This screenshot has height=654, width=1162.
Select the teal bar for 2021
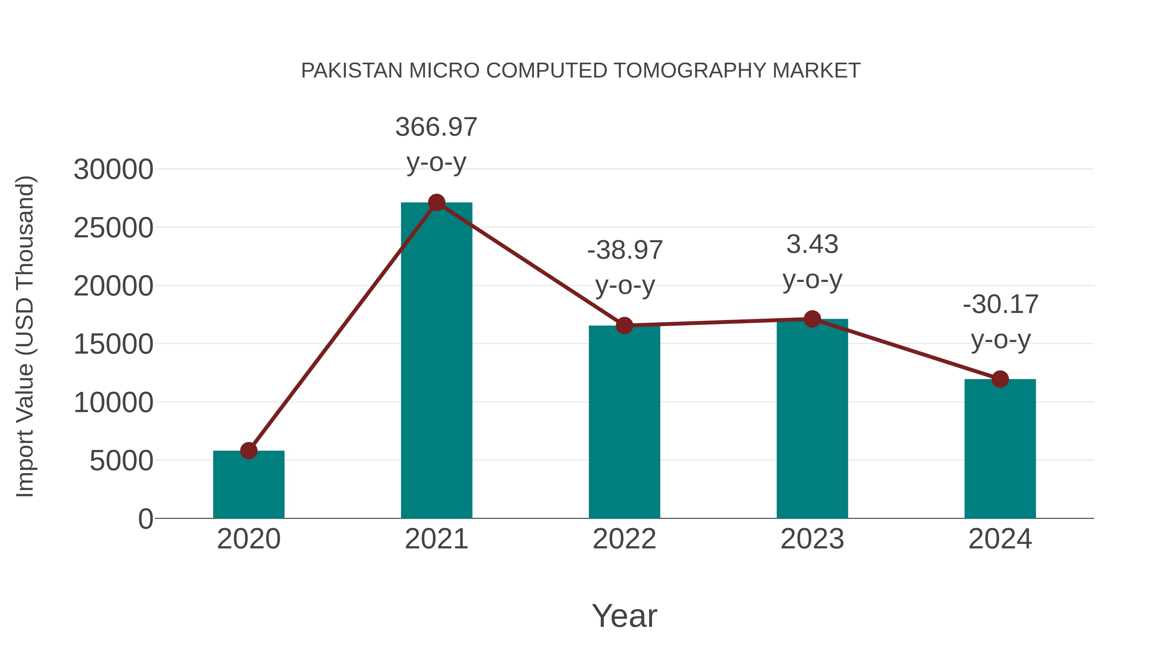pos(436,361)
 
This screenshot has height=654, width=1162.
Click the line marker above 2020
pos(249,451)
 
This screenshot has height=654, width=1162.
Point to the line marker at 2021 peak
pos(436,202)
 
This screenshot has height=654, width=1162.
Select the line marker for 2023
pos(812,319)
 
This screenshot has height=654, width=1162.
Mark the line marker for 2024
pos(1000,379)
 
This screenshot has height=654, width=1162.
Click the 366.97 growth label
pos(436,127)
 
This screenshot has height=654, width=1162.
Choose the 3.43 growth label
pos(812,244)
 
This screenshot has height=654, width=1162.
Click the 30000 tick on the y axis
pos(113,170)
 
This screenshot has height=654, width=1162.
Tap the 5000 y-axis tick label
pos(121,461)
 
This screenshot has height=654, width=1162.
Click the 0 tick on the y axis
pos(146,519)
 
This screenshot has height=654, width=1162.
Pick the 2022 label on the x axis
pos(624,539)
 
